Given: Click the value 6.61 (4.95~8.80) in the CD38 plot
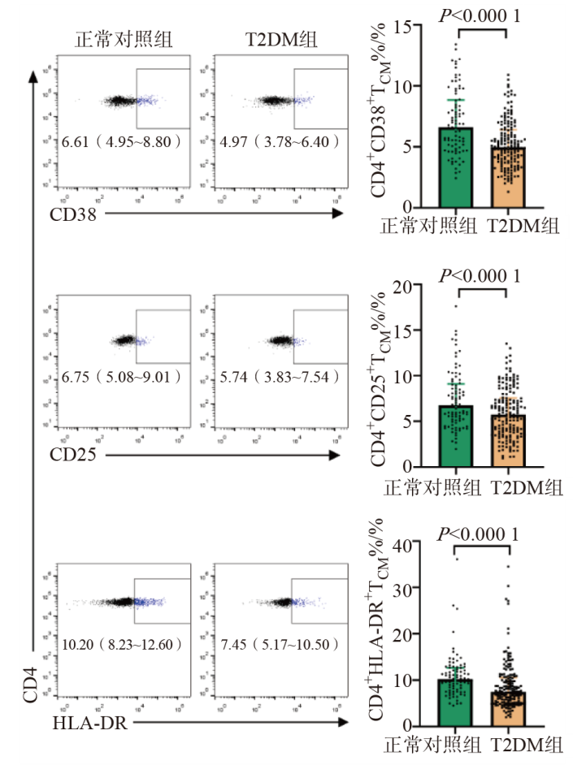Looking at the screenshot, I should click(122, 142).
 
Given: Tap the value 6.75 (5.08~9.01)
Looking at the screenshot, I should click(122, 378).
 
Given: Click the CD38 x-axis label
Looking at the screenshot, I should click(79, 215).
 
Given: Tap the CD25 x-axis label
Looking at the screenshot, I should click(79, 455).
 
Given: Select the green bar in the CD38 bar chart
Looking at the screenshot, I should click(457, 166).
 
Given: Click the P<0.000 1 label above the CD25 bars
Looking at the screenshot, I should click(480, 276).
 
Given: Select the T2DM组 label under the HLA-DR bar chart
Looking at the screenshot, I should click(524, 746).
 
